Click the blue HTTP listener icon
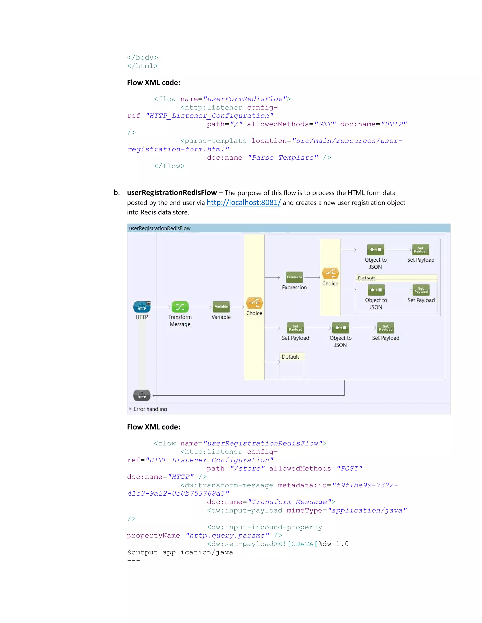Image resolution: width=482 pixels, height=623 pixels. click(142, 307)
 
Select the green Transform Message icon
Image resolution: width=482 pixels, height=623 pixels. click(180, 307)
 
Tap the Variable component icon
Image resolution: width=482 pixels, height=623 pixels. click(221, 307)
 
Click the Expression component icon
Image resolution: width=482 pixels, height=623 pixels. click(294, 277)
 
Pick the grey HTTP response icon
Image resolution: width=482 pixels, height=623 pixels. click(142, 395)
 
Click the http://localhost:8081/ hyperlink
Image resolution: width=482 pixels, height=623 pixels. click(244, 202)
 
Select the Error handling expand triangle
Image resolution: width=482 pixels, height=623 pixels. click(130, 409)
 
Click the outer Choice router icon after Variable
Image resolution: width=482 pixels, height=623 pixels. click(254, 303)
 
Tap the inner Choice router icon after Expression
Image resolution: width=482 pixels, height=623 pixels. click(330, 273)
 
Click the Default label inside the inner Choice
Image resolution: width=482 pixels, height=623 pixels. click(366, 278)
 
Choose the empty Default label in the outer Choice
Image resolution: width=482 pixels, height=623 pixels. click(290, 357)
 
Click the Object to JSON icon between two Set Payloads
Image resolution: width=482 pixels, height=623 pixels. click(340, 328)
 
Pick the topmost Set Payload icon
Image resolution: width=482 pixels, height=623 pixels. click(421, 250)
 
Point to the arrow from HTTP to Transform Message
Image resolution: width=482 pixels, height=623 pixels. click(161, 307)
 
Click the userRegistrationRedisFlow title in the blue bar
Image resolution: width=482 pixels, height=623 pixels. click(160, 228)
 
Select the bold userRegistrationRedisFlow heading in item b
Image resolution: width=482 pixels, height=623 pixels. click(172, 193)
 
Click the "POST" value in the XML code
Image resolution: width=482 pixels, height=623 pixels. click(349, 468)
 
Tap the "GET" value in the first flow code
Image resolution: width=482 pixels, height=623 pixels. click(325, 124)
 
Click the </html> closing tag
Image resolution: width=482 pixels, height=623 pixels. click(142, 66)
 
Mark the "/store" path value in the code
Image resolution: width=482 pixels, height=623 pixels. click(247, 468)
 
